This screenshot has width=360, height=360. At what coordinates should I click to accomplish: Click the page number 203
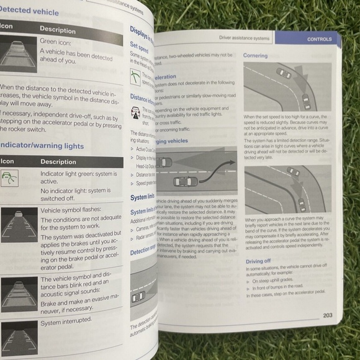(x=327, y=315)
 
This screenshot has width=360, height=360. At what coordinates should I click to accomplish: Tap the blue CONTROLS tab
(x=319, y=39)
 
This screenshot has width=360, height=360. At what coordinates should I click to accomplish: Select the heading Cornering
(x=256, y=55)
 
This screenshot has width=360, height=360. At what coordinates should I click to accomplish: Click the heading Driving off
(x=258, y=261)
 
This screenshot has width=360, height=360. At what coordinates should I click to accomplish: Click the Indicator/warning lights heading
(x=42, y=146)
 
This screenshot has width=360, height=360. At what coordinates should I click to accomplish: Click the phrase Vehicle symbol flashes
(x=71, y=210)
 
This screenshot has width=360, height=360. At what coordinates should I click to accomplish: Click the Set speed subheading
(x=139, y=45)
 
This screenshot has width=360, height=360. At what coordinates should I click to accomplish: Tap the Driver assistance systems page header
(x=244, y=38)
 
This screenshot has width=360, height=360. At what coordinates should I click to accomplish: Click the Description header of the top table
(x=58, y=29)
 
